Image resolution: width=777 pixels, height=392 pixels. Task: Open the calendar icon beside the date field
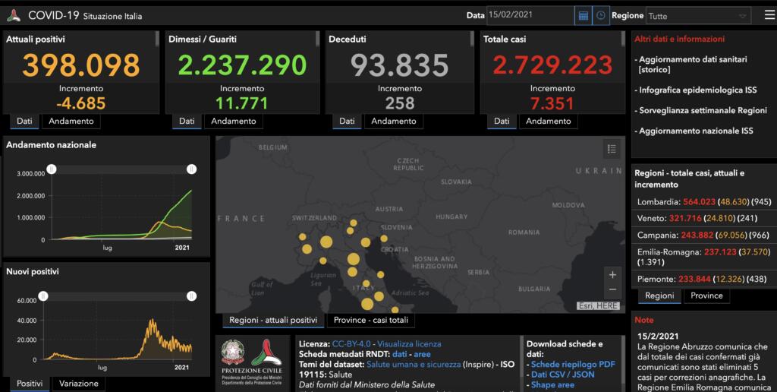[x=583, y=15]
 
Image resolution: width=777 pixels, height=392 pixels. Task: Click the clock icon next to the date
[x=600, y=15]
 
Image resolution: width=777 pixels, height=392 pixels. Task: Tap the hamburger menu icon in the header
[x=769, y=14]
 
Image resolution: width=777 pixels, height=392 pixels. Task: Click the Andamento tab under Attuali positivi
[x=71, y=121]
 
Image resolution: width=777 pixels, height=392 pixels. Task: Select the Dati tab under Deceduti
[x=345, y=121]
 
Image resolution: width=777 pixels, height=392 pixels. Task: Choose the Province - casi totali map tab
[x=371, y=321]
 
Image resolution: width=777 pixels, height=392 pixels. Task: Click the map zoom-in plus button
[x=612, y=273]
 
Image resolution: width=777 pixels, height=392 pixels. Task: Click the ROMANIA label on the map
[x=523, y=232]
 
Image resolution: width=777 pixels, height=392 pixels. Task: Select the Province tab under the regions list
[x=706, y=296]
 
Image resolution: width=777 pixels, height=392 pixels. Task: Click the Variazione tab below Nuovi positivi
[x=78, y=384]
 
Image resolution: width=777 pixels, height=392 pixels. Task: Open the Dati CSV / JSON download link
[x=563, y=375]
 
